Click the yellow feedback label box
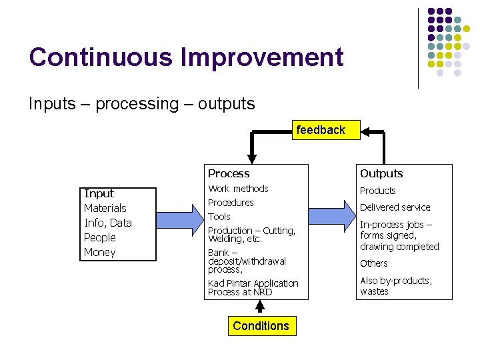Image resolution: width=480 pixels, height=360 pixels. point(321,130)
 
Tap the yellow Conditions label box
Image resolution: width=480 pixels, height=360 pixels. point(261,326)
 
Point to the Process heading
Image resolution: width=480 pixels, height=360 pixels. point(229,173)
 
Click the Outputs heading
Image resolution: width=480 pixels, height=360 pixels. point(381,173)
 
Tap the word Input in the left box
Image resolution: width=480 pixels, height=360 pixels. point(99,193)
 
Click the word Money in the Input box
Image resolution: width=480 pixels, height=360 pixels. point(99,252)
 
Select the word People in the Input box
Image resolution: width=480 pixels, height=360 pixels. point(99,237)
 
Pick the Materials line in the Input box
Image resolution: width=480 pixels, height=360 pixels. point(105,208)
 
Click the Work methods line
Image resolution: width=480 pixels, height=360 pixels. point(238,189)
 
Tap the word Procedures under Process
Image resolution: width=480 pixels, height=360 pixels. point(231,203)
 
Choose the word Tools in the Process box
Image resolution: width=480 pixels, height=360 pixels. point(219,217)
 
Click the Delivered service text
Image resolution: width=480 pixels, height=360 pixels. point(395,207)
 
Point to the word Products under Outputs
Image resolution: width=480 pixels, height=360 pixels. point(377,191)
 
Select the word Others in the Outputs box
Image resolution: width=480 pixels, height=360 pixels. point(373,263)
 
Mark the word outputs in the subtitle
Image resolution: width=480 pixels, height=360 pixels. point(227,104)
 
